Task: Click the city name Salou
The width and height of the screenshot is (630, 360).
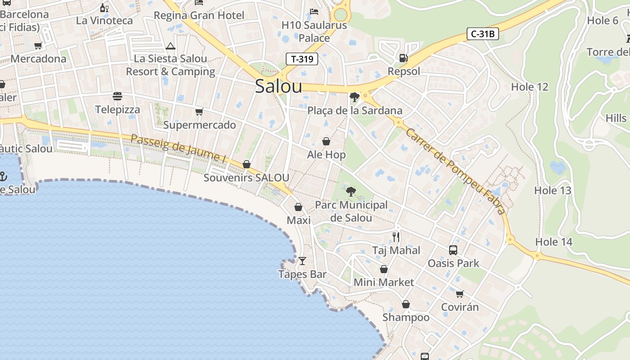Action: point(278,86)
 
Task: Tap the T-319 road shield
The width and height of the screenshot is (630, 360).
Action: point(302,59)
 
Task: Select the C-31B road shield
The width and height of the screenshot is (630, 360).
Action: point(482,34)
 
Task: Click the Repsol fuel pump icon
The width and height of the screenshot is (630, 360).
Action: point(404,58)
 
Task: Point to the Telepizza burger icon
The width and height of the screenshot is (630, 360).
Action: point(117,96)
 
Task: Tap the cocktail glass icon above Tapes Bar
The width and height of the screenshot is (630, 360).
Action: point(302,261)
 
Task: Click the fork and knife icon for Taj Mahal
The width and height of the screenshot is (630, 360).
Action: point(396,237)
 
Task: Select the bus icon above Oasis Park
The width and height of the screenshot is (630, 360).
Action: point(453,250)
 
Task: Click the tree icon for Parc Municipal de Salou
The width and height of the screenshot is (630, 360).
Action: point(351,192)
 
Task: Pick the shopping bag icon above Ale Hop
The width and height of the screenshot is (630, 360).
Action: point(326,141)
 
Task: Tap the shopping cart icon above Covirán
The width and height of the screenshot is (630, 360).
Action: point(459,294)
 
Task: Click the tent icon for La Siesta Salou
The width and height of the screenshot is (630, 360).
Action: point(170,46)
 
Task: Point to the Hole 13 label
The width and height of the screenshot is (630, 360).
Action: point(553,190)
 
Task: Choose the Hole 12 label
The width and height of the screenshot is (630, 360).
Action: point(530,87)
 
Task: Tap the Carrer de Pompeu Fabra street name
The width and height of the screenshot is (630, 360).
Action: point(455,171)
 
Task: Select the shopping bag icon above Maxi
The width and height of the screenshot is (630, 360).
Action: point(298,207)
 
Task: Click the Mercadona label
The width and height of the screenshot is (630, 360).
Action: point(38,59)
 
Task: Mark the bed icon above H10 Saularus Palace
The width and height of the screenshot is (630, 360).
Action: point(314,11)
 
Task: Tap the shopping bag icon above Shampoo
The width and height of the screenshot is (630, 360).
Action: point(406,304)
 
